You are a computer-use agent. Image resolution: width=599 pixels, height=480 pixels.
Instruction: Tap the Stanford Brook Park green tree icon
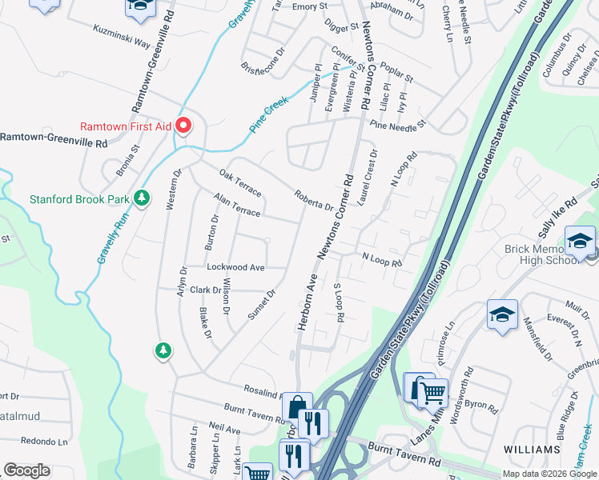click(142, 197)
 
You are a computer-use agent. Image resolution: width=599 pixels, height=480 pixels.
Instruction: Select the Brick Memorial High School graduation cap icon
click(579, 239)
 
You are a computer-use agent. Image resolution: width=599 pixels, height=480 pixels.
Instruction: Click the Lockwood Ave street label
click(235, 267)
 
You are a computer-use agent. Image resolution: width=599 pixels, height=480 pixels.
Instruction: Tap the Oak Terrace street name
click(241, 183)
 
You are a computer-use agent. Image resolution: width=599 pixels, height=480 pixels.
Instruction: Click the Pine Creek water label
click(267, 114)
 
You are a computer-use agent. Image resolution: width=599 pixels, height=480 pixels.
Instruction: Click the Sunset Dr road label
click(261, 305)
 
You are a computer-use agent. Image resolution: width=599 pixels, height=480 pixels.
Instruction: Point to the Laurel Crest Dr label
click(368, 178)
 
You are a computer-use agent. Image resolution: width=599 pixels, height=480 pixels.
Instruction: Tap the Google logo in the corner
click(27, 470)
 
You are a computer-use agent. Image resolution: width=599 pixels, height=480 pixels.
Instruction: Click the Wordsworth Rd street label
click(458, 394)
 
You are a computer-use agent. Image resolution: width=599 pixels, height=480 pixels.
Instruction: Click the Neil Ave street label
click(223, 430)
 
